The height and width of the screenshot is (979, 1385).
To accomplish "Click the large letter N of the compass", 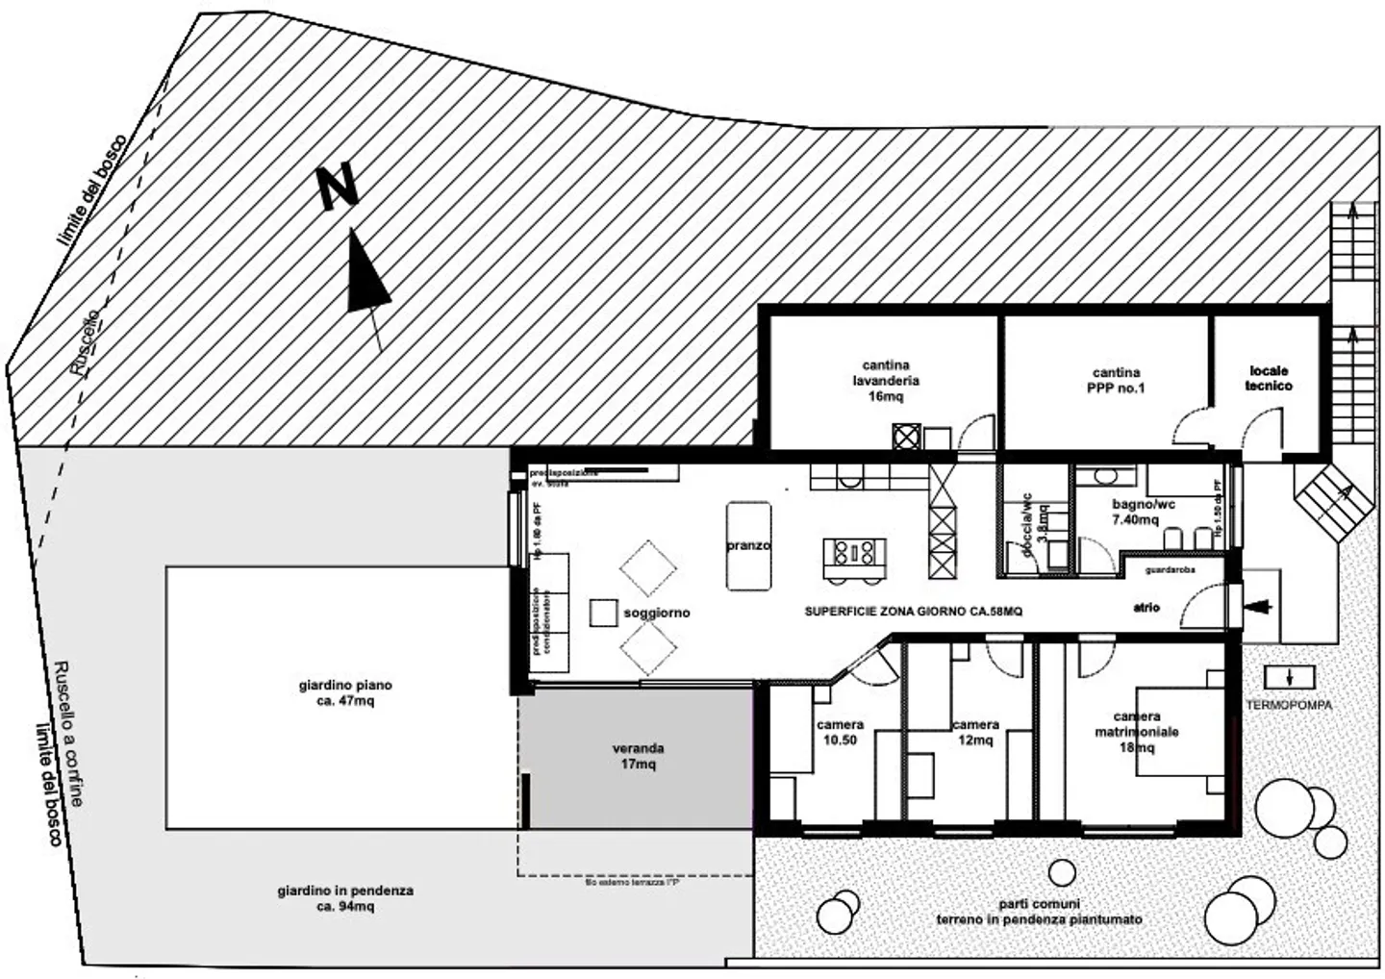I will click(339, 186).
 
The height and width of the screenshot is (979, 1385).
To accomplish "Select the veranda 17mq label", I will click(639, 757).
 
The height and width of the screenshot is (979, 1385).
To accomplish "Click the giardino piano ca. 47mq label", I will click(345, 693).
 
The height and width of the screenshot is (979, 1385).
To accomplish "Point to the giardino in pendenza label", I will click(345, 898).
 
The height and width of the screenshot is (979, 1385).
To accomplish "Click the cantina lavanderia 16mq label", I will click(886, 380).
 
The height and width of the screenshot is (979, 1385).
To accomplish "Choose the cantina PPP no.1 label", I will click(1116, 380).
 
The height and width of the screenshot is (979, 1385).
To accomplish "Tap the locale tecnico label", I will click(1269, 378).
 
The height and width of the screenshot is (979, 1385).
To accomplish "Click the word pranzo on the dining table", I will click(748, 545).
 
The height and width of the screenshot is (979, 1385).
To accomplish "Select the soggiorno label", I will click(657, 613).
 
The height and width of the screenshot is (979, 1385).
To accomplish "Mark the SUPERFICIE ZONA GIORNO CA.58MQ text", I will click(913, 611).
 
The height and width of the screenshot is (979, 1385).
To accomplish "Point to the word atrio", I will click(1146, 608).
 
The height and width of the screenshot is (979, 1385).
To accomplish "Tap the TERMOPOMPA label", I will click(1290, 705).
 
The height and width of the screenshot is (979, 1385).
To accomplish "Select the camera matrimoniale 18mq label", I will click(1137, 732).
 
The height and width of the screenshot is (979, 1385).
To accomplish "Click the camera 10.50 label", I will click(840, 732).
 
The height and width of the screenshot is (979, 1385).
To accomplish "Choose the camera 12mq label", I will click(975, 732).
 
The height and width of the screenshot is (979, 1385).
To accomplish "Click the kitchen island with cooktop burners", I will click(854, 552).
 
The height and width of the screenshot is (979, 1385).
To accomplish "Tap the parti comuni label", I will click(1039, 912).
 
